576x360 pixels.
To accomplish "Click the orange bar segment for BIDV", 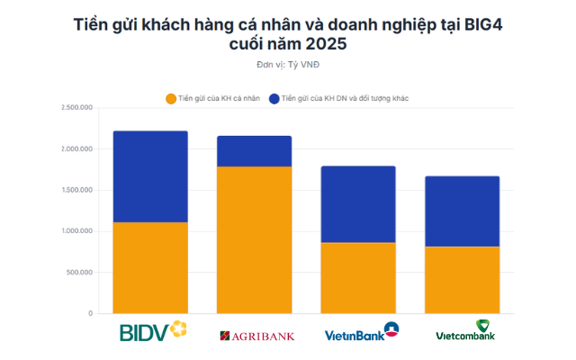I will (150, 267).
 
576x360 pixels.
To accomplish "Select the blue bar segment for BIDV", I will (150, 176).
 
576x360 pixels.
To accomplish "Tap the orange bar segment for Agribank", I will (255, 239).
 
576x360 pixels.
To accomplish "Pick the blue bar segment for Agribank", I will (255, 151).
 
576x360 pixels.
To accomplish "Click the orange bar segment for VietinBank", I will (358, 277).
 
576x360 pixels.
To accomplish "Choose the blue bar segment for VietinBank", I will (358, 204).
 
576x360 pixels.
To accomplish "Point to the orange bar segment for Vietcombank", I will (462, 279).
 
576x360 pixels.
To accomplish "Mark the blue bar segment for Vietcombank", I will (462, 211).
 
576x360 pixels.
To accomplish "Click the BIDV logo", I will (153, 331).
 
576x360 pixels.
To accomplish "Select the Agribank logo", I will (256, 336).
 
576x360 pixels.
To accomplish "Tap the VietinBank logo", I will (361, 333).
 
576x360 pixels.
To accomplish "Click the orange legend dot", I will (170, 97).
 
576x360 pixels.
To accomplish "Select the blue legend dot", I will (274, 97).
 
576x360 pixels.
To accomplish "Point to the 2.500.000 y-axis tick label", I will (77, 107).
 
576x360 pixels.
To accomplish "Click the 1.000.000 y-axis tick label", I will (77, 231).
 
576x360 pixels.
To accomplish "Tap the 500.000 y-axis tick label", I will (80, 273).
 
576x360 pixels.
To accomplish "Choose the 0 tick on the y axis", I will (91, 314).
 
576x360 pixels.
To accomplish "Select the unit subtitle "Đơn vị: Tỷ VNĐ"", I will (287, 64).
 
